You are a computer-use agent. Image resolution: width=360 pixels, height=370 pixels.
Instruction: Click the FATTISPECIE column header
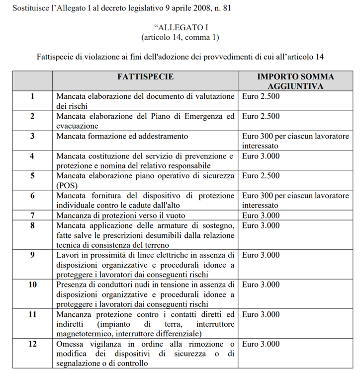145,76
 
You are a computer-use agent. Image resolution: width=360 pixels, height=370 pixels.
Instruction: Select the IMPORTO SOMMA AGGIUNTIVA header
295,81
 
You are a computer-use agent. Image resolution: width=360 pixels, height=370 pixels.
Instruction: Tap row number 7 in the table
32,216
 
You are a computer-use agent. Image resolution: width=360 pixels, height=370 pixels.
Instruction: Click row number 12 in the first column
32,344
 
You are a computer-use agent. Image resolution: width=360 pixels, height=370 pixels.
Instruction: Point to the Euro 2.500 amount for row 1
261,96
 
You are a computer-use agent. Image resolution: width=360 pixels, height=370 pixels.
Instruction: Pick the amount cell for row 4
261,156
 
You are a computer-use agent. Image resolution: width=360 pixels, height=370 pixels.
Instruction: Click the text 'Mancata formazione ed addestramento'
122,136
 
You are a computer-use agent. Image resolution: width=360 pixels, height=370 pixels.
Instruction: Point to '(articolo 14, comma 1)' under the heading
180,37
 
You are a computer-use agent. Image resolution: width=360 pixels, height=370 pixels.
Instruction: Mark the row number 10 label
32,285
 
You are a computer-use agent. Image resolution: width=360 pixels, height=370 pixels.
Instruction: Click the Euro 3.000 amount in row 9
261,255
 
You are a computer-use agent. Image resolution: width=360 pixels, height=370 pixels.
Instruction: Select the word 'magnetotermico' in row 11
85,333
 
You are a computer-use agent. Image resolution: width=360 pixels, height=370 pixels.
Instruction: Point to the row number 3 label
32,136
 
